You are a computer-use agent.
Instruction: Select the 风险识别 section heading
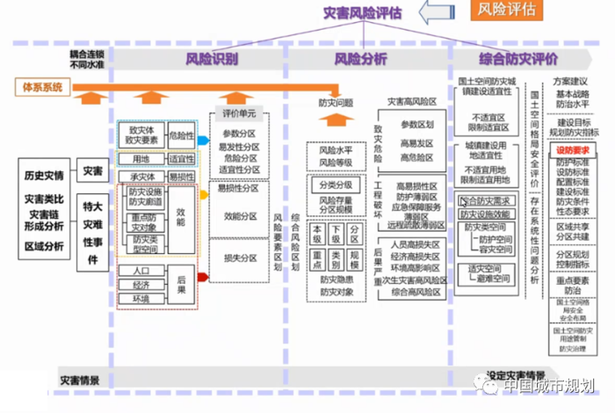(x=211, y=60)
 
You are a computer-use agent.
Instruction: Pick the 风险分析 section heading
(x=360, y=60)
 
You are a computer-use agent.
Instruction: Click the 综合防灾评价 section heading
(x=518, y=60)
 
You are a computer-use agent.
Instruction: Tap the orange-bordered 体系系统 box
(x=42, y=87)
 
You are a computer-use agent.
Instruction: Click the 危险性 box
(x=181, y=135)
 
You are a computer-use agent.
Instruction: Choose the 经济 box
(x=141, y=286)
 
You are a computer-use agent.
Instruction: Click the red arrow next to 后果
(x=202, y=278)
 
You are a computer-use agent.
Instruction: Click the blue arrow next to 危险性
(x=202, y=139)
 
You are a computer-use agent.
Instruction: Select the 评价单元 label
(x=238, y=114)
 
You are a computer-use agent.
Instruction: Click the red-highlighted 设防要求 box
(x=573, y=150)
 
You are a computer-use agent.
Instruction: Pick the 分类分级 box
(x=335, y=185)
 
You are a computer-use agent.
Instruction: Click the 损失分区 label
(x=239, y=258)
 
